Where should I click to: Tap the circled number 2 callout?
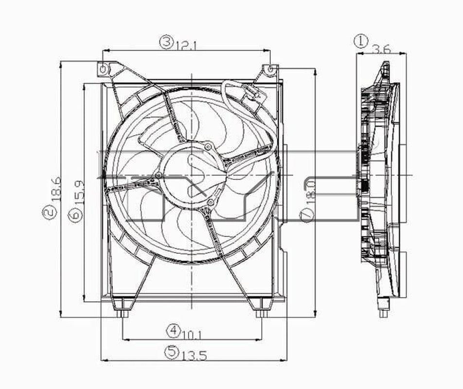pos(48,212)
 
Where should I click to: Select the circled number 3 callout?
pos(167,42)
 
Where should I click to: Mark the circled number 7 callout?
pos(305,215)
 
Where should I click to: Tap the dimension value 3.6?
pos(381,49)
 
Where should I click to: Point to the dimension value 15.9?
pos(80,191)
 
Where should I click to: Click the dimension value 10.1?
pos(192,334)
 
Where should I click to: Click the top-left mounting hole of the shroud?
pos(103,70)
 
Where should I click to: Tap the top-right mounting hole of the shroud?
pos(270,70)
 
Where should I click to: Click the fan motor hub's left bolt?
pos(159,176)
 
